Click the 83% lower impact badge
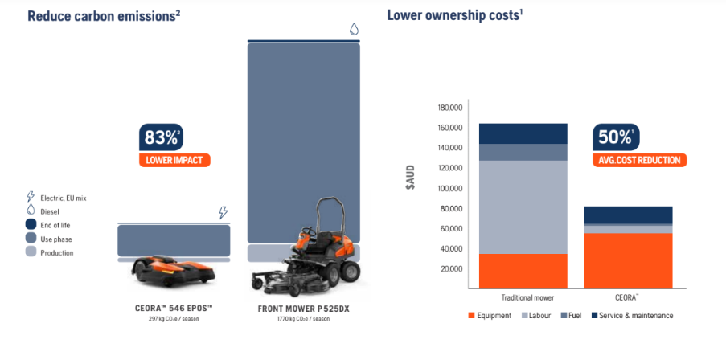pyautogui.click(x=174, y=145)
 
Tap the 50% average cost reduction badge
pyautogui.click(x=639, y=145)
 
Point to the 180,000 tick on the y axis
pyautogui.click(x=450, y=108)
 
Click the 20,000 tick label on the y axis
pyautogui.click(x=452, y=268)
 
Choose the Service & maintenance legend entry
pyautogui.click(x=632, y=316)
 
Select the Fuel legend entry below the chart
pyautogui.click(x=569, y=316)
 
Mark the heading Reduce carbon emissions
pyautogui.click(x=103, y=15)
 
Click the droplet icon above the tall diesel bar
pyautogui.click(x=353, y=30)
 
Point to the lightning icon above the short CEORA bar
pyautogui.click(x=224, y=213)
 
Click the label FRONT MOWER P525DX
pyautogui.click(x=303, y=309)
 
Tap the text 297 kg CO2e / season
pyautogui.click(x=174, y=319)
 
